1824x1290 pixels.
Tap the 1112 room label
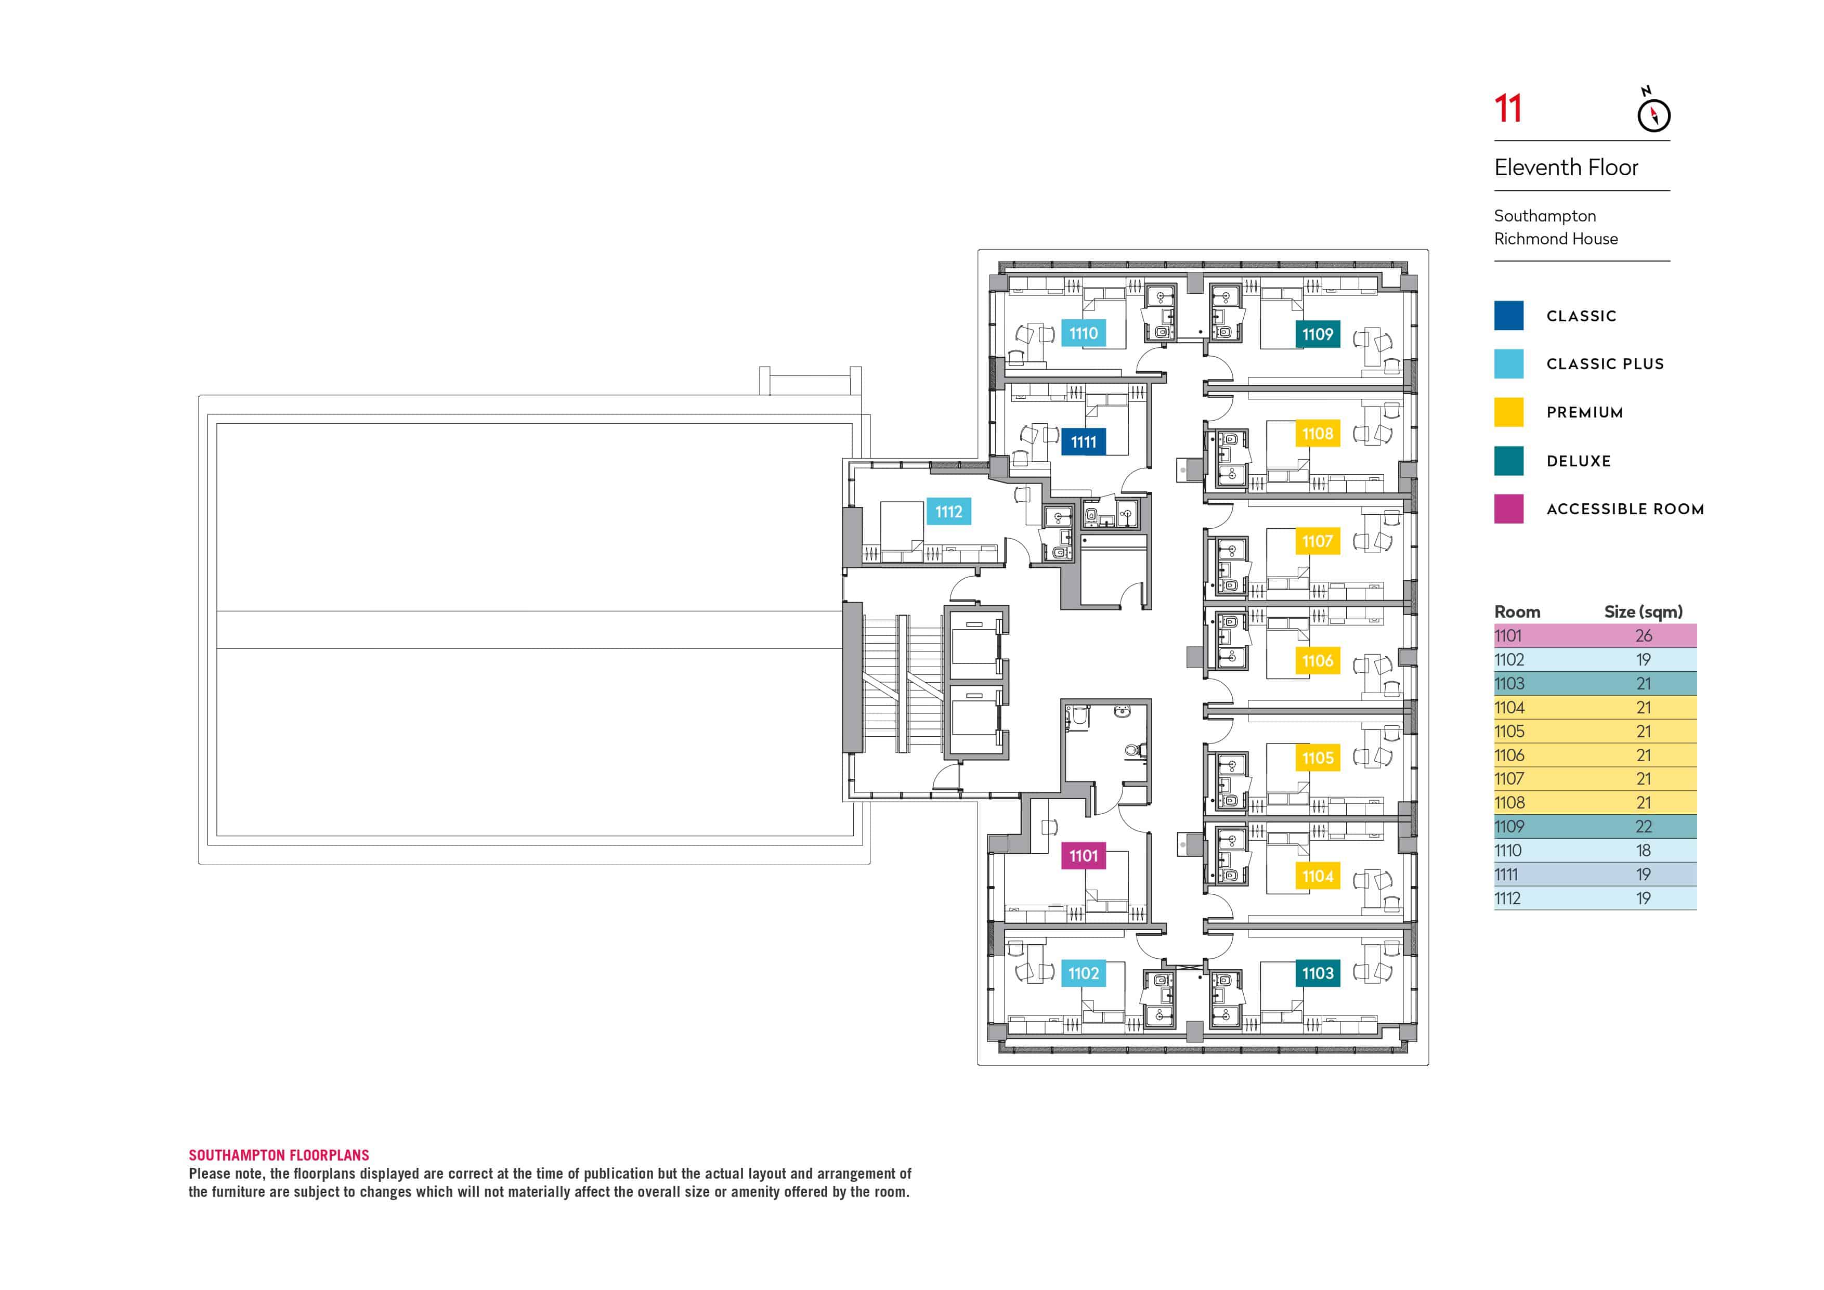click(948, 512)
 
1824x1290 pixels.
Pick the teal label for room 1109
click(1317, 334)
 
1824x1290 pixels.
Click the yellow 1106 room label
click(1317, 660)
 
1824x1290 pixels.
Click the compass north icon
click(1653, 113)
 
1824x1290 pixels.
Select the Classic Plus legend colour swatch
click(1508, 364)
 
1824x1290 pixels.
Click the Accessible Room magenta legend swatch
click(1508, 509)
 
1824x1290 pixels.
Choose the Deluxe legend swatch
click(1508, 461)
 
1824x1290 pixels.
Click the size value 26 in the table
click(1643, 635)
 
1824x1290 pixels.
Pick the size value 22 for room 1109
click(1643, 826)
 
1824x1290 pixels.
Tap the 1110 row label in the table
click(1508, 850)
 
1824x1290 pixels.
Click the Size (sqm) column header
click(1643, 611)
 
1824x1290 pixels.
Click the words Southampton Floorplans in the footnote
click(279, 1155)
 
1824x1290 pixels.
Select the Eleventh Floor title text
click(1566, 167)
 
